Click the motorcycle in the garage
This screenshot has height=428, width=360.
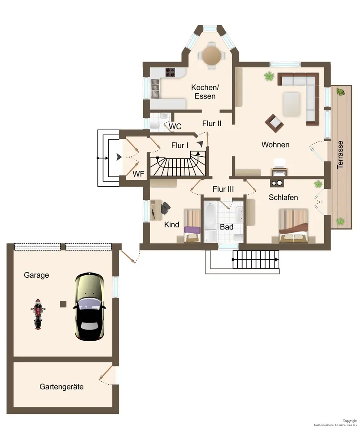[x=38, y=314]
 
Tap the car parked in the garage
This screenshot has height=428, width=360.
[x=89, y=306]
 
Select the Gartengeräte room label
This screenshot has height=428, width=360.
[x=62, y=386]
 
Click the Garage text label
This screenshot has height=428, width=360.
[x=36, y=275]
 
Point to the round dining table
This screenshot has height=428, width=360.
[x=211, y=55]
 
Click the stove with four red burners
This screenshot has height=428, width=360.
[x=170, y=72]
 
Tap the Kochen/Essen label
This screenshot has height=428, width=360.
[x=205, y=92]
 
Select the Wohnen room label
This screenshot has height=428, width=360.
[x=275, y=145]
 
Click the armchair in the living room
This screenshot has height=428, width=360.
[x=274, y=123]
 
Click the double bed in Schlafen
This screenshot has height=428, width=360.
[x=293, y=226]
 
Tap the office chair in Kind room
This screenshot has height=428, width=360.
[x=165, y=209]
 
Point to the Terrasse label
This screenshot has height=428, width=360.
[x=340, y=155]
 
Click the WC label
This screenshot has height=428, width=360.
[x=175, y=126]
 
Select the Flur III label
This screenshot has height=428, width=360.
[x=223, y=189]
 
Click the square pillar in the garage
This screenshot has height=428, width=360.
[x=63, y=304]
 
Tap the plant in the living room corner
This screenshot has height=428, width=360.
[x=269, y=76]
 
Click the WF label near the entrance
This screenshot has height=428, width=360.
[x=138, y=174]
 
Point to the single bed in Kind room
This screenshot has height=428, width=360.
[x=192, y=226]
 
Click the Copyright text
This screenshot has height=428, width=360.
[x=350, y=421]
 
